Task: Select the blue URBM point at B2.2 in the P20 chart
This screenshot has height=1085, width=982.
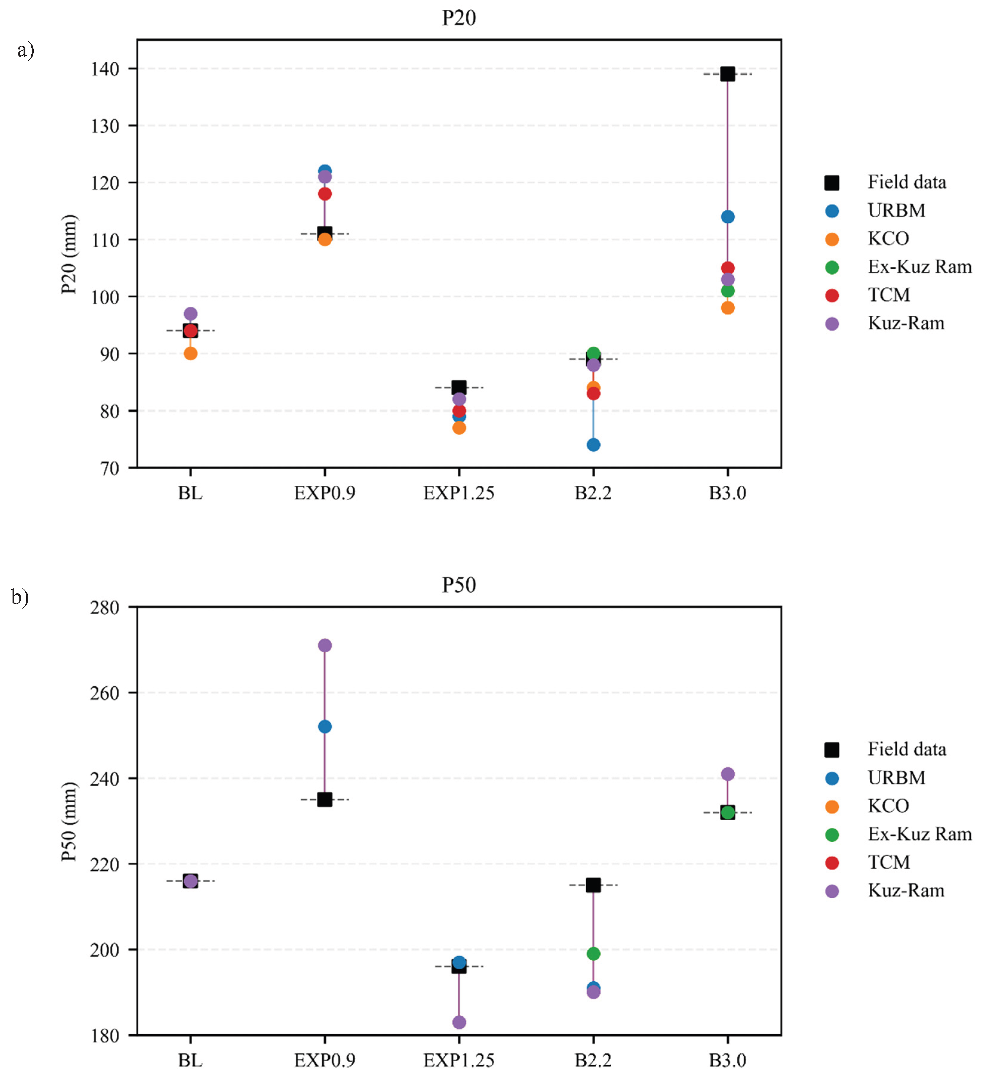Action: [x=593, y=445]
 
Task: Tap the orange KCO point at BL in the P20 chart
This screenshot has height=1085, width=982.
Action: [x=190, y=354]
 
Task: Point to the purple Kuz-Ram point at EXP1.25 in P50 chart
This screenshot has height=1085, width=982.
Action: [x=459, y=1022]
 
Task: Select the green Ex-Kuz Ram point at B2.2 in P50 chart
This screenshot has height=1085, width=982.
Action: [x=593, y=954]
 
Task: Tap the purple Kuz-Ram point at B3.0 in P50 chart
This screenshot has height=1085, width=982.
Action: [x=727, y=774]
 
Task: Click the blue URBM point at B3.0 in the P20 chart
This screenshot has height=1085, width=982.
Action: [x=727, y=217]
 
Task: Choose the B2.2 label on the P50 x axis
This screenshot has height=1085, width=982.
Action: [x=593, y=1060]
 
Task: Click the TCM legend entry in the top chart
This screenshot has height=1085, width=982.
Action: [x=889, y=295]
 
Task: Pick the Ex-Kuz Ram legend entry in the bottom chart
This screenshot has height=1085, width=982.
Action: [x=919, y=834]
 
